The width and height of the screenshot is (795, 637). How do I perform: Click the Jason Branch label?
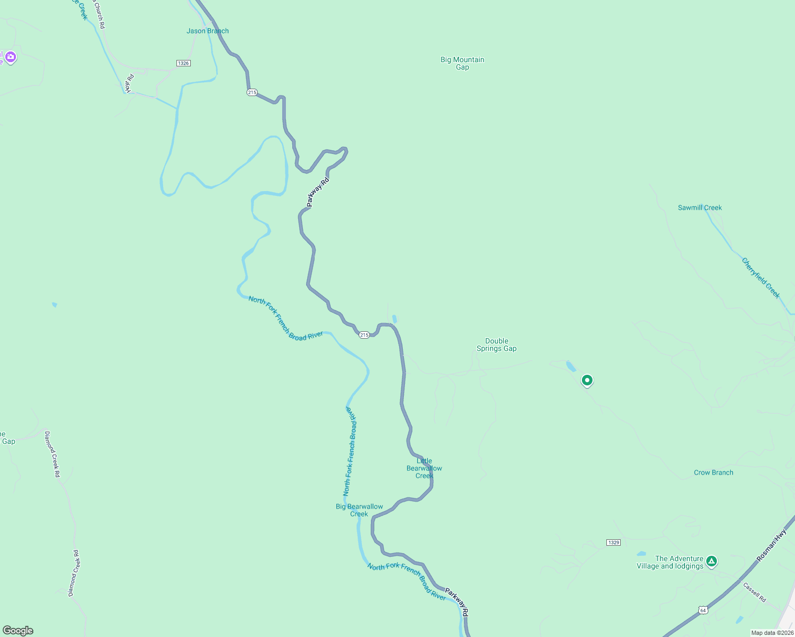[207, 31]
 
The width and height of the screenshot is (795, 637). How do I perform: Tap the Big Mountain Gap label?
[462, 63]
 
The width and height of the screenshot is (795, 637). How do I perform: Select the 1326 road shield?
[183, 63]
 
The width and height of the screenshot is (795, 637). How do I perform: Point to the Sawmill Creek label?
[699, 208]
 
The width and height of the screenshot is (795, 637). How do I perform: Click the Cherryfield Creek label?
[761, 278]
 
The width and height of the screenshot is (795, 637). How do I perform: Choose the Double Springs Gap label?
[496, 345]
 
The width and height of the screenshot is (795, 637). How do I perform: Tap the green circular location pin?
[587, 380]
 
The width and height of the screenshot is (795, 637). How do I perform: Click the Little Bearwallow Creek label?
[424, 468]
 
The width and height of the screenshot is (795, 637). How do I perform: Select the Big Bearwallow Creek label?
[359, 510]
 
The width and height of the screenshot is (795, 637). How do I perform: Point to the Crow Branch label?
[713, 472]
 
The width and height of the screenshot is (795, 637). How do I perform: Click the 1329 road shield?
[613, 543]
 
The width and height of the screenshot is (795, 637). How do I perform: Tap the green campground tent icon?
[712, 561]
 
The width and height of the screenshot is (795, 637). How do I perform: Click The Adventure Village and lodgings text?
[671, 562]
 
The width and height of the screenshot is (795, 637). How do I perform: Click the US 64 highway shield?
[703, 610]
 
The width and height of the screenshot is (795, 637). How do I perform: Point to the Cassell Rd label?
[755, 592]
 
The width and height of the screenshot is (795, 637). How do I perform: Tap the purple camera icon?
[10, 57]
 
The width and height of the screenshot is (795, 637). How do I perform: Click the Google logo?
[18, 631]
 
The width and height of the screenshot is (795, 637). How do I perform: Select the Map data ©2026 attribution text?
[772, 633]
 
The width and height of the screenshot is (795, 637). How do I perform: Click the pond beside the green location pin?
[570, 366]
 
